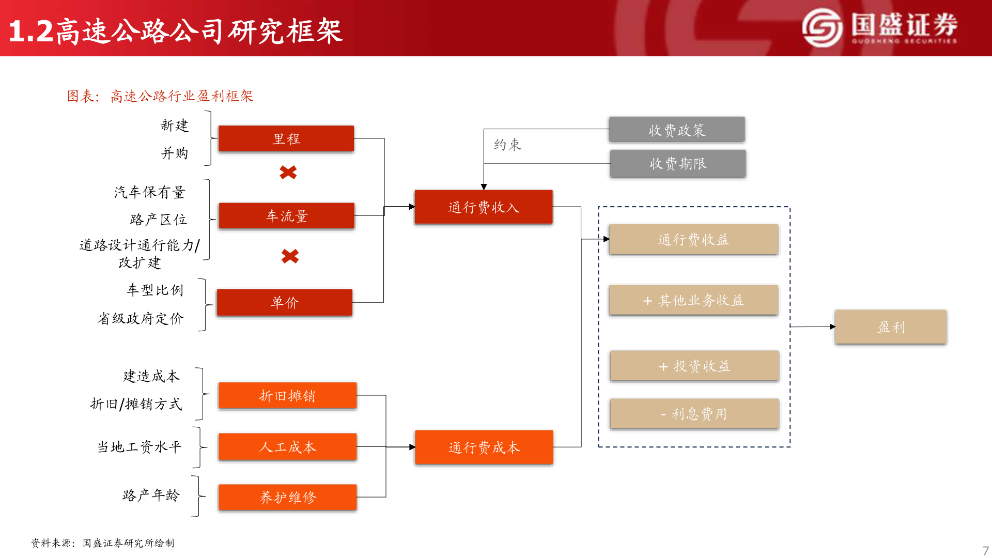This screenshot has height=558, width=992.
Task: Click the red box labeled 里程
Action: coord(286,138)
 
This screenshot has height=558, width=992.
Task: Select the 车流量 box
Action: coord(287,215)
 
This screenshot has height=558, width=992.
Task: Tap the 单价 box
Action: coord(285,302)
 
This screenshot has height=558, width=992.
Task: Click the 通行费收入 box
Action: coord(484,207)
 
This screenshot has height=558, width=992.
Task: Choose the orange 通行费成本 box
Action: coord(484,447)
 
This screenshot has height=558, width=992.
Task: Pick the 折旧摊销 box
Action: coord(287,396)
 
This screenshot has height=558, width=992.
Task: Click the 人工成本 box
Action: coord(287,446)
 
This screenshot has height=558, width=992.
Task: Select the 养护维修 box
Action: coord(287,497)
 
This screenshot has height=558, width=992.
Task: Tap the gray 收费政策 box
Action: coord(677,130)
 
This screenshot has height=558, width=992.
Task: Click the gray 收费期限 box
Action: coord(678,163)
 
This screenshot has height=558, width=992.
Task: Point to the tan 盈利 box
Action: coord(891,327)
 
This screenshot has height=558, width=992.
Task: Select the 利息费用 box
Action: coord(694,413)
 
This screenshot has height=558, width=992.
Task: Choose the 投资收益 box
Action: coord(694,366)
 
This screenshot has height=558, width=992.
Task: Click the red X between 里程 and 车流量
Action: coord(288,172)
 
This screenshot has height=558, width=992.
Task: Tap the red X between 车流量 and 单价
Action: coord(290,256)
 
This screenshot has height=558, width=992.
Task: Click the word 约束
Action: coord(507,145)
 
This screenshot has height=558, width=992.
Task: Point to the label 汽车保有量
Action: coord(149,192)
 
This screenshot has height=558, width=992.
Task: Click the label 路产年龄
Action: coord(151,495)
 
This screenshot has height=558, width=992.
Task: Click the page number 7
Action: coord(985,551)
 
